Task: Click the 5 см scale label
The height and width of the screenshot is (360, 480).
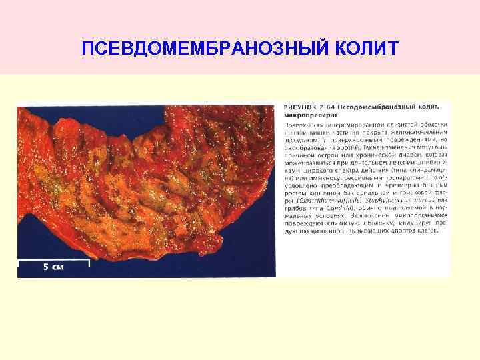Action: [x=53, y=267]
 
